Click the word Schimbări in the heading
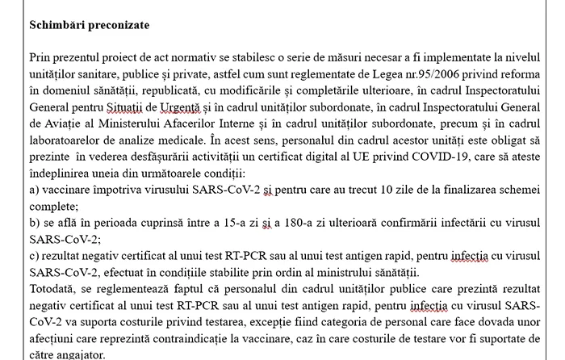(x=59, y=25)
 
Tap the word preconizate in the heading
(x=123, y=25)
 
